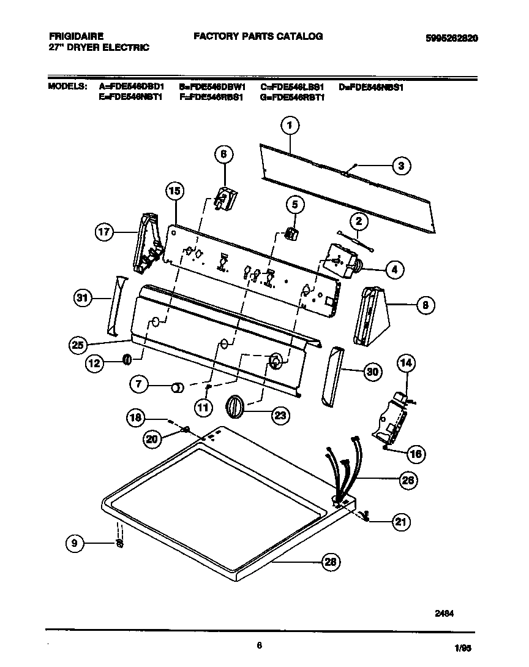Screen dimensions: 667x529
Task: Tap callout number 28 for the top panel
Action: (331, 561)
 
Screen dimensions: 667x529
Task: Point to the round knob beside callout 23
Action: (235, 406)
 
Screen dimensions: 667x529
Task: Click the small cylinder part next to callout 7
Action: (178, 387)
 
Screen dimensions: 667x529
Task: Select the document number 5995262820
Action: (451, 37)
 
